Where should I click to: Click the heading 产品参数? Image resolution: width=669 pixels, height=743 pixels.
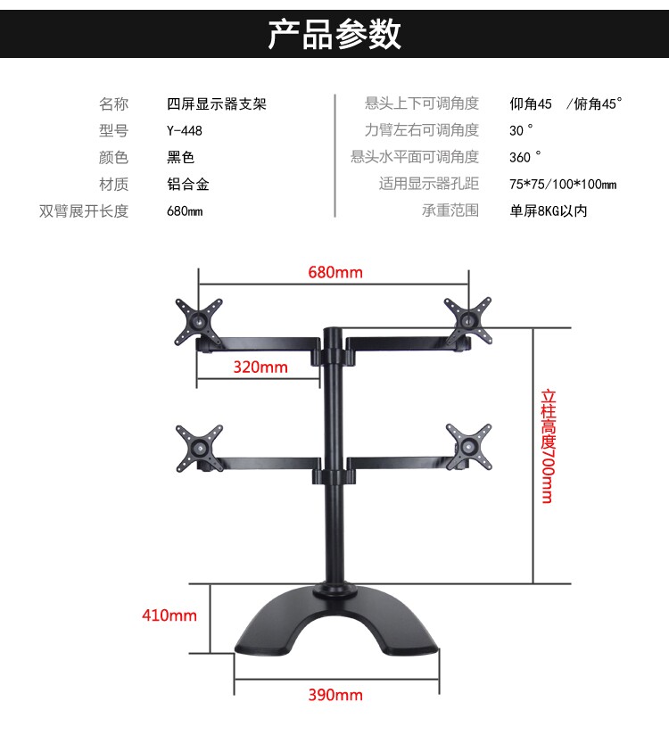(x=334, y=33)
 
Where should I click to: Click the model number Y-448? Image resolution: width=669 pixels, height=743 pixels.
(x=185, y=131)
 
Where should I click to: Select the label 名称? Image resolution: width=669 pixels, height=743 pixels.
(x=113, y=104)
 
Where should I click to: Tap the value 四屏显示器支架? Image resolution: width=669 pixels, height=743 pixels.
(x=217, y=104)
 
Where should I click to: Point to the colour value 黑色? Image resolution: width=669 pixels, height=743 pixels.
(x=180, y=158)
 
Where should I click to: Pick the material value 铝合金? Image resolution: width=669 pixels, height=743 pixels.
(x=188, y=185)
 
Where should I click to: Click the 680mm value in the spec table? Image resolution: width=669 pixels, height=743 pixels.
(x=185, y=211)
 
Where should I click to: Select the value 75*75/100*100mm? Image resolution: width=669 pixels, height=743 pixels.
(x=562, y=185)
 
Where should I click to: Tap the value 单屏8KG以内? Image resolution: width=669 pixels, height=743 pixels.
(x=548, y=211)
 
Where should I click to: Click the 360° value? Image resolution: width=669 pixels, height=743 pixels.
(x=525, y=158)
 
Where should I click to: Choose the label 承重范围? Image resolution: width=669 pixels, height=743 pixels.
(x=450, y=211)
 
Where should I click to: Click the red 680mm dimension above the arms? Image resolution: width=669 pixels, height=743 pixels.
(x=335, y=271)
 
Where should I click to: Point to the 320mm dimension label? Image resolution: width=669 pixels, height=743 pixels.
(x=260, y=367)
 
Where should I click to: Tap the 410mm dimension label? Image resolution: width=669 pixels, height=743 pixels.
(x=169, y=615)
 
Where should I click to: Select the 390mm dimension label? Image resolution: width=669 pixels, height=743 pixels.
(x=335, y=695)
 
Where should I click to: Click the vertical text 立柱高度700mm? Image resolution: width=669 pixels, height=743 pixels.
(x=547, y=444)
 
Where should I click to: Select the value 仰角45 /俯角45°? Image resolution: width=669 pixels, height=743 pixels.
(x=566, y=104)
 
